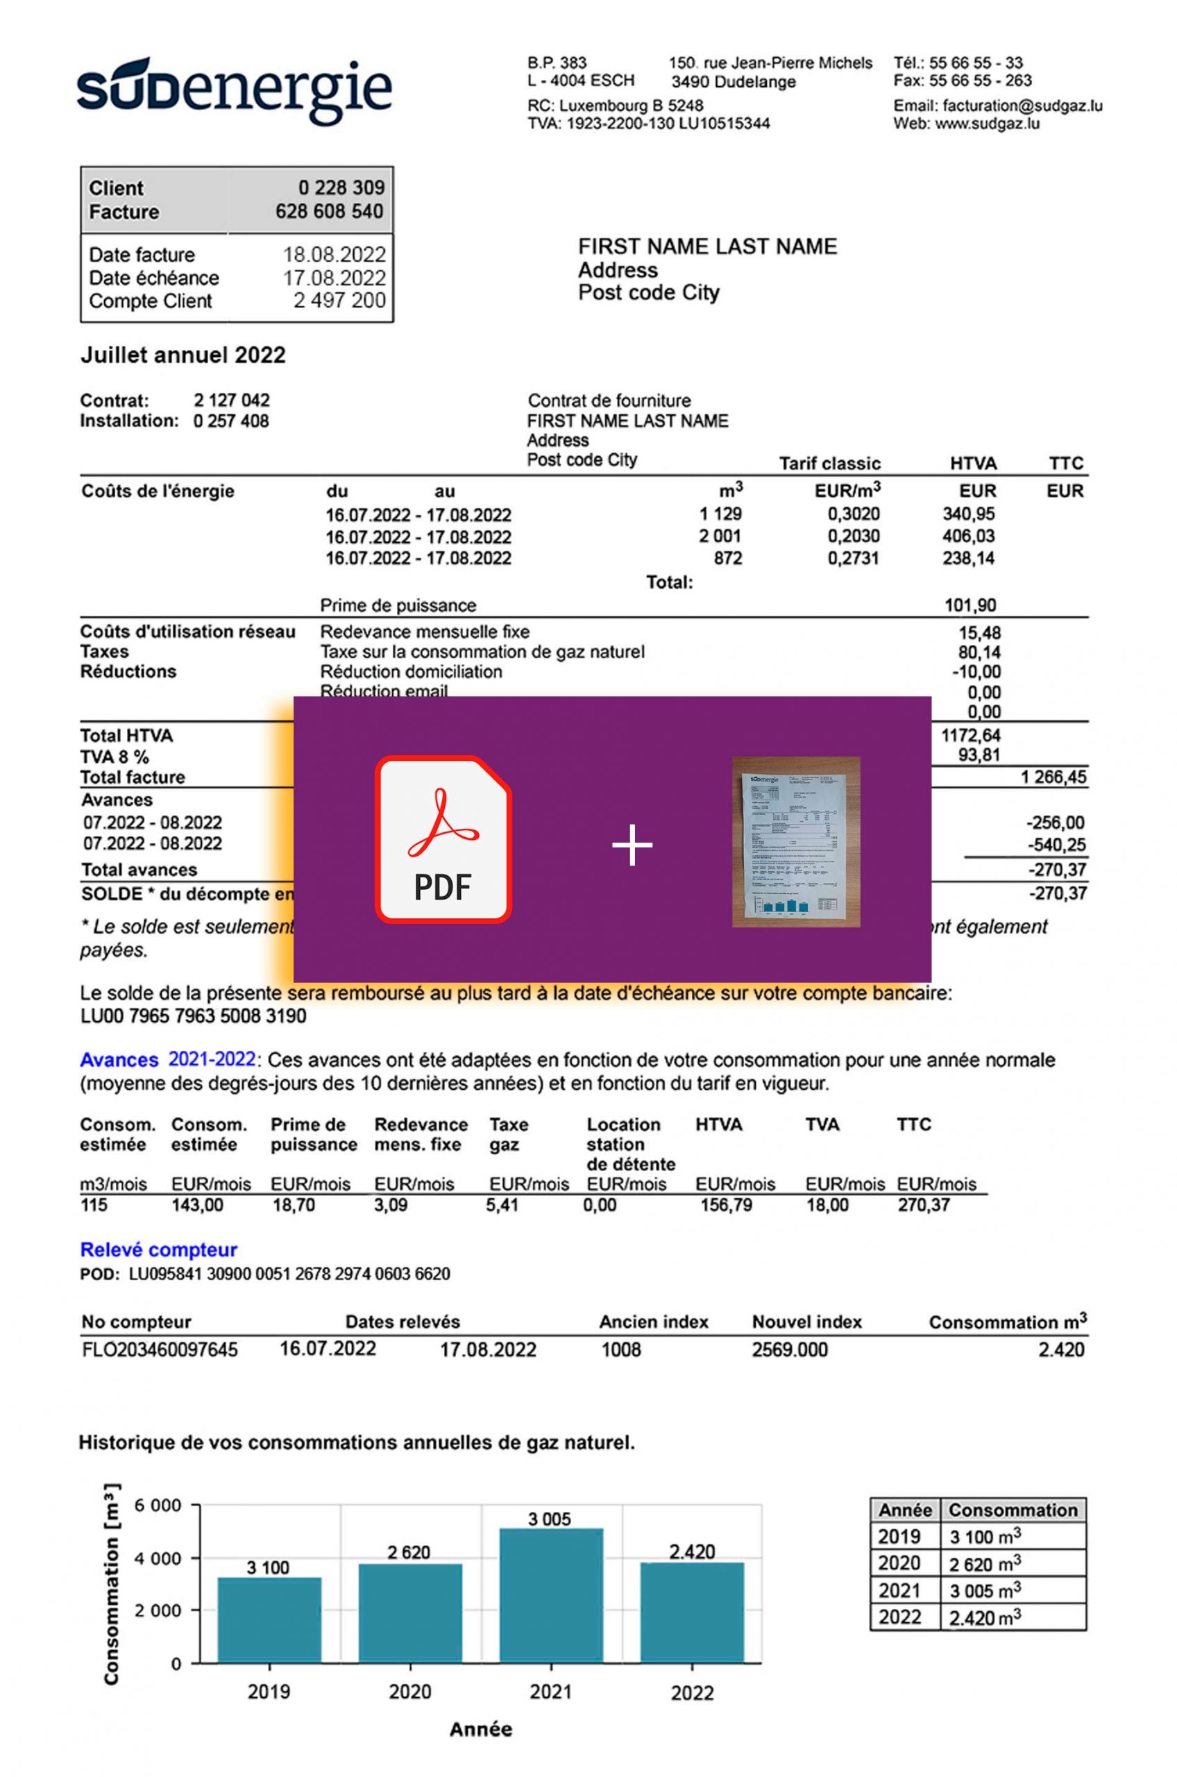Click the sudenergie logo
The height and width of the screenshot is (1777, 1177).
(x=233, y=91)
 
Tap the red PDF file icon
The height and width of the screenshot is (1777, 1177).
(x=443, y=839)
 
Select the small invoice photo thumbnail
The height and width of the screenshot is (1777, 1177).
(x=796, y=841)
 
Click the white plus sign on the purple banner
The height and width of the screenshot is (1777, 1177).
(x=632, y=845)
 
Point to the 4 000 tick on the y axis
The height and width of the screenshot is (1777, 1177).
(x=158, y=1558)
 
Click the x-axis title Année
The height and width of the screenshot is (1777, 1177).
(x=480, y=1730)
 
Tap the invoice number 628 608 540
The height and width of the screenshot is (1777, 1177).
(x=329, y=212)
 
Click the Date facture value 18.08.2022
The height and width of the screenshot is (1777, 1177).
(x=334, y=255)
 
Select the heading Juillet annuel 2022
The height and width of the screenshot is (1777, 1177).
(x=183, y=355)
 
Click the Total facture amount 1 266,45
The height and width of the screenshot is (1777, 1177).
(x=1052, y=777)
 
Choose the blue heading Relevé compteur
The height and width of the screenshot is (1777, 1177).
(x=158, y=1250)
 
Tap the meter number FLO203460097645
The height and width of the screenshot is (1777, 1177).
(x=159, y=1350)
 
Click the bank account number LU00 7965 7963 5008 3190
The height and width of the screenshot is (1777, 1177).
(x=193, y=1016)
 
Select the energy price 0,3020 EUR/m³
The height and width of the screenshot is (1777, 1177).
(x=853, y=514)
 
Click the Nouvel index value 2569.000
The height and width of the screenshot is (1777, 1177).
(x=789, y=1350)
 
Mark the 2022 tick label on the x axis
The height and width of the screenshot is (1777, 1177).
(x=691, y=1693)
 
